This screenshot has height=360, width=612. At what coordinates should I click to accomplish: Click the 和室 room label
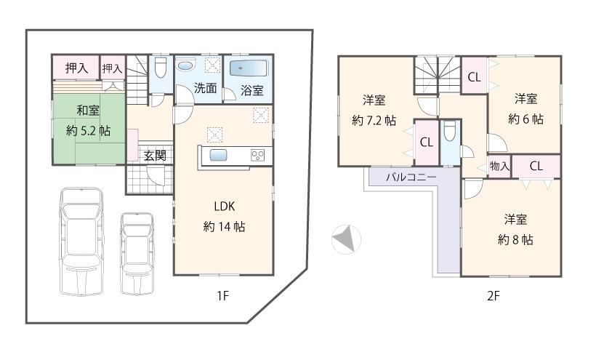coord(88,111)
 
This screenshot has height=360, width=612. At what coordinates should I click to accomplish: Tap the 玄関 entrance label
coord(153,155)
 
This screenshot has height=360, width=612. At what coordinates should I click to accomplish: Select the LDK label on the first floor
coord(223,205)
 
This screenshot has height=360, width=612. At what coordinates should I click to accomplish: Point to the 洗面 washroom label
coord(205,89)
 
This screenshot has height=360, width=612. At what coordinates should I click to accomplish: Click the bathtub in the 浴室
coord(249,69)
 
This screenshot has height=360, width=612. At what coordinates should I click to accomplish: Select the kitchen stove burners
coord(258,155)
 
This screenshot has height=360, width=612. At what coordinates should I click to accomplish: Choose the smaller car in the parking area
coord(137,252)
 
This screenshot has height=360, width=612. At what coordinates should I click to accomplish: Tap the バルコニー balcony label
coord(411,177)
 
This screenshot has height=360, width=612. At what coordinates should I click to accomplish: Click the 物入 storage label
coord(499,167)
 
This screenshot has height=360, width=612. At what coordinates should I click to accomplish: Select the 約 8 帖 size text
coord(515,239)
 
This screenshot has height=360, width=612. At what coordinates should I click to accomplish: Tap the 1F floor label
coord(222,296)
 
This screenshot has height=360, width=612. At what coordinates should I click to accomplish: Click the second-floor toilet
coord(449,134)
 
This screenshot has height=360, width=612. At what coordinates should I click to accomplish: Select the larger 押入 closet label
coord(76,68)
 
